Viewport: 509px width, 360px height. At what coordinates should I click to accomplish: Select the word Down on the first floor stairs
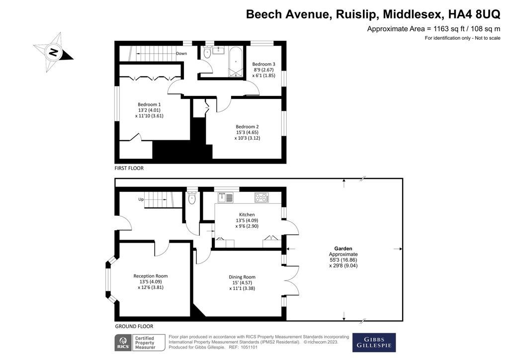[x=181, y=53]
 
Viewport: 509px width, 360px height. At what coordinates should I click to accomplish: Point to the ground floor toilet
[x=192, y=198]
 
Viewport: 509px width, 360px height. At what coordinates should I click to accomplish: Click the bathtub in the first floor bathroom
[x=236, y=62]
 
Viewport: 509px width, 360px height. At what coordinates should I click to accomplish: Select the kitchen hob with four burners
[x=261, y=197]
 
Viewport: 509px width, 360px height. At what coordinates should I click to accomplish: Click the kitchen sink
[x=229, y=197]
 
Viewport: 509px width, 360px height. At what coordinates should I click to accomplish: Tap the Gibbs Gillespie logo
[x=374, y=342]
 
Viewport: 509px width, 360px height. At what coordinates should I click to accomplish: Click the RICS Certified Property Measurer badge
[x=135, y=342]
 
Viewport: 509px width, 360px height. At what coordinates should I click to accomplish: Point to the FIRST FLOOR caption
[x=129, y=169]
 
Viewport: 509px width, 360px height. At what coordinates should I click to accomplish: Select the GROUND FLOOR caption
[x=134, y=326]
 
